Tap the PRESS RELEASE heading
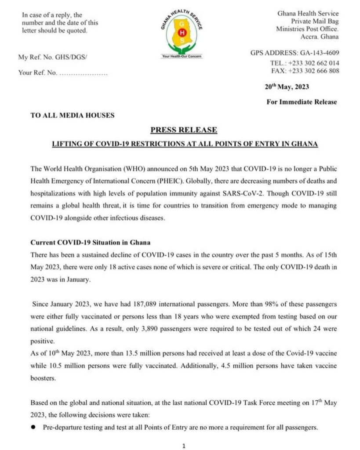[x=183, y=130]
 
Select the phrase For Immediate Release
[x=302, y=102]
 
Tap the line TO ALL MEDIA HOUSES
[x=73, y=116]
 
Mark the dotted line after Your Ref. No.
[x=84, y=73]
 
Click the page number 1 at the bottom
[x=184, y=446]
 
